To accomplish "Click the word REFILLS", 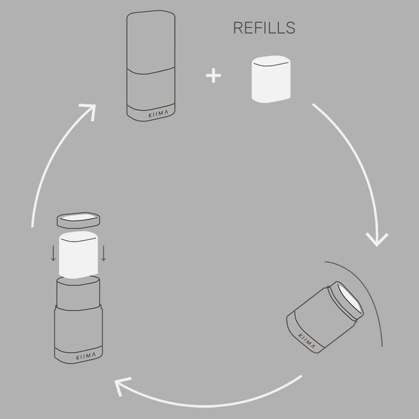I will tap(264, 28).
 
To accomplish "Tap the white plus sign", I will tap(213, 76).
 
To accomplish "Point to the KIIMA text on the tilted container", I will tap(307, 341).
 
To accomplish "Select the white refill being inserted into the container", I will tap(79, 254).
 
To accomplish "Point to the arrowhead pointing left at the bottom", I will tap(119, 386).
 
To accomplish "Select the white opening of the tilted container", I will tap(349, 302).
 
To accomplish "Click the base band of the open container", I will tap(79, 356).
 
